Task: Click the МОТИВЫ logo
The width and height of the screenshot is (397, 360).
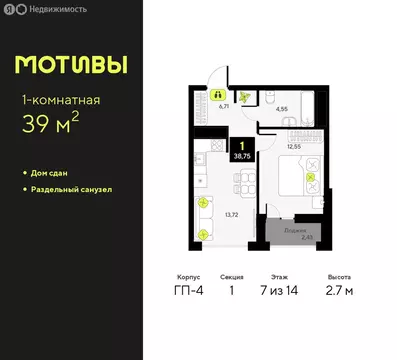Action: tap(71, 64)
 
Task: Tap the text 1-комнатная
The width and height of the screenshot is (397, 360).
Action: tap(61, 100)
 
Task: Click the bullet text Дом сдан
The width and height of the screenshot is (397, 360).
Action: tap(56, 174)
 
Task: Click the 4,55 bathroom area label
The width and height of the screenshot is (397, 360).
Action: tap(281, 107)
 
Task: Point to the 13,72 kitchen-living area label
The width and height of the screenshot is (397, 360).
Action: tap(230, 213)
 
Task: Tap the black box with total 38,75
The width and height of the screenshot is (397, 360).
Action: tap(242, 152)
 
